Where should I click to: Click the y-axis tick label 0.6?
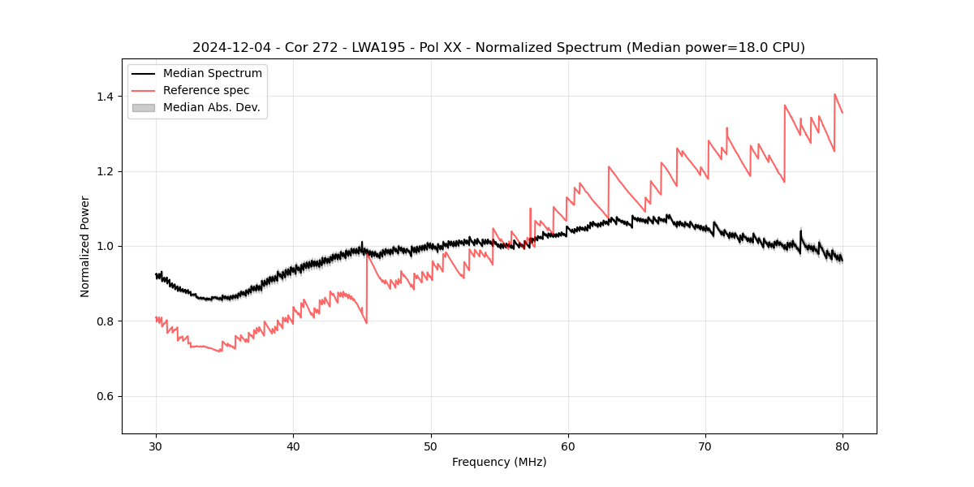coord(105,396)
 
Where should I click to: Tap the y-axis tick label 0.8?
coord(105,321)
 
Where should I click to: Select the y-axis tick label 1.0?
coord(105,246)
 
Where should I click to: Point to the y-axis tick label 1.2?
coord(105,171)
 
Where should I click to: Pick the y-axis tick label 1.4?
coord(105,97)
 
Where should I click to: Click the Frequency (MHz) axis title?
coord(499,462)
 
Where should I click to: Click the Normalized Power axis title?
coord(85,246)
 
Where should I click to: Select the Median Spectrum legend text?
coord(212,74)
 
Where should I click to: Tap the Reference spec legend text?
coord(206,90)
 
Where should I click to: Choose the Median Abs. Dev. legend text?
coord(211,107)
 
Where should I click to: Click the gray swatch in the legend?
coord(143,107)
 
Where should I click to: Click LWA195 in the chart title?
coord(378,48)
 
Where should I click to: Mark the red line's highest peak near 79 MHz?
coord(834,94)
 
